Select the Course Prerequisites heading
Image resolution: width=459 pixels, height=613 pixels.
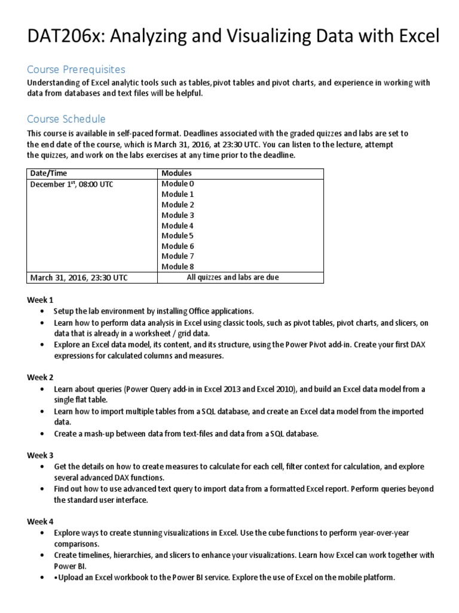pos(76,70)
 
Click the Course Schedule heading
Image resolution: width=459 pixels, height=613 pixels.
pos(66,119)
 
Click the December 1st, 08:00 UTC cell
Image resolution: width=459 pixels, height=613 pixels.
pos(71,184)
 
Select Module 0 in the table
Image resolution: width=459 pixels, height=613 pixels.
pos(178,184)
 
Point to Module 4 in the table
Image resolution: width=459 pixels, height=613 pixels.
pos(178,225)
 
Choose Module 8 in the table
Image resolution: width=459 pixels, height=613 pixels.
pos(178,266)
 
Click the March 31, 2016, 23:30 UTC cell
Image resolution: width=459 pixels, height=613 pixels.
pos(78,278)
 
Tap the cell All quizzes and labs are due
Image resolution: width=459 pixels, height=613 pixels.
pos(232,277)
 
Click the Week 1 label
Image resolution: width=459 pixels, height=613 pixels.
pos(40,299)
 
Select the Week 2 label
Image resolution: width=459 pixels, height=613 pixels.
pos(40,377)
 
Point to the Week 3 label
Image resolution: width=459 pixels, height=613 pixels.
pos(40,455)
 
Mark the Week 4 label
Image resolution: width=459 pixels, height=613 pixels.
pos(40,521)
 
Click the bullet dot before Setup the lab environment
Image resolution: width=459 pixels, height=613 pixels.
pos(41,311)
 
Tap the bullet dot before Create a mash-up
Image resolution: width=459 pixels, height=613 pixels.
pos(41,433)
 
